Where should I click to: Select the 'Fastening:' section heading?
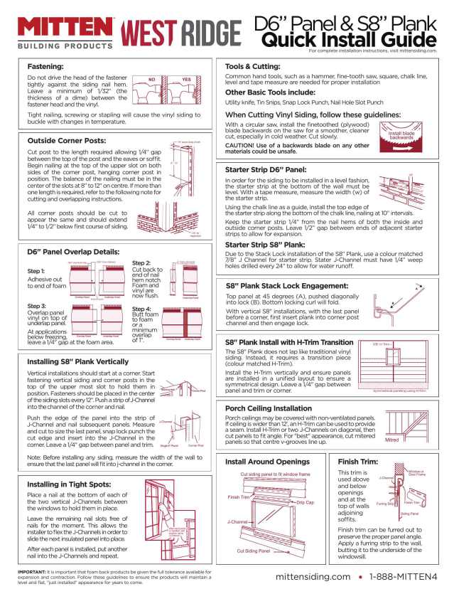[45, 65]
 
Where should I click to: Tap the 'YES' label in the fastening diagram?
[187, 79]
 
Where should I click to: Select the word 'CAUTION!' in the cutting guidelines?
[244, 144]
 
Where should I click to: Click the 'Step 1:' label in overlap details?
[36, 271]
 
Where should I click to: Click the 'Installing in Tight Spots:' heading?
[69, 465]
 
